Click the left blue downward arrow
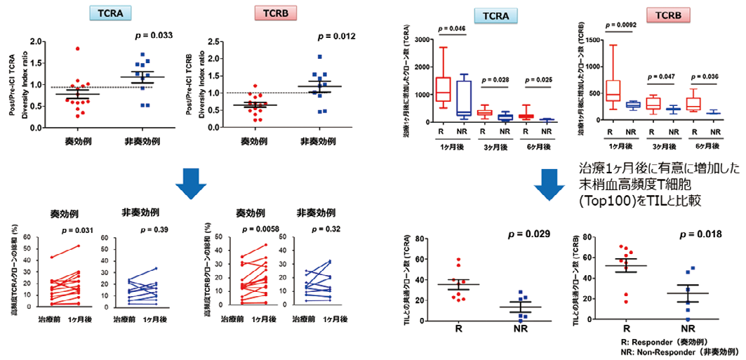click(191, 180)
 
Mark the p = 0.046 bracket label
click(452, 28)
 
